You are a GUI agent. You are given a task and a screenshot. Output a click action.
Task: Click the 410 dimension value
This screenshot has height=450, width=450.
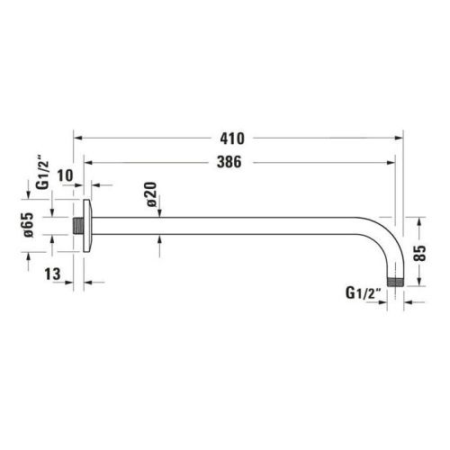click(232, 138)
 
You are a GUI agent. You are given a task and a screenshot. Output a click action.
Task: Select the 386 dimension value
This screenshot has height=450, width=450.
click(232, 162)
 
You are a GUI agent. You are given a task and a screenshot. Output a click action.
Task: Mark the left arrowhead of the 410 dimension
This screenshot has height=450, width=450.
click(77, 138)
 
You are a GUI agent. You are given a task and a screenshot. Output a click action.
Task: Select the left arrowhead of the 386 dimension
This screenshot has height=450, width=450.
click(88, 162)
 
